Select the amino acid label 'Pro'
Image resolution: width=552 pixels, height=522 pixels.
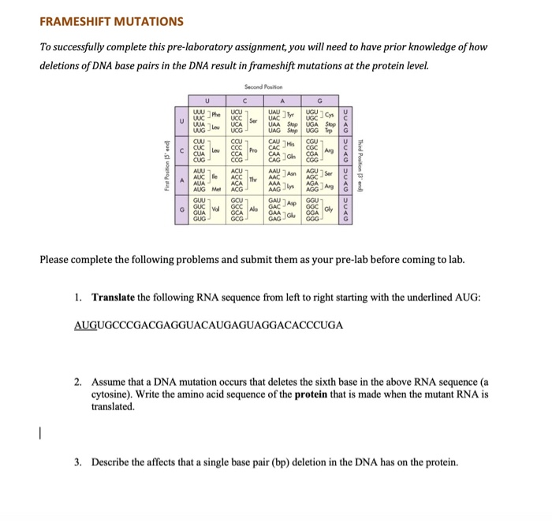(x=253, y=150)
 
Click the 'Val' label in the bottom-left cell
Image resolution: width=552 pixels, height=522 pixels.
(x=215, y=209)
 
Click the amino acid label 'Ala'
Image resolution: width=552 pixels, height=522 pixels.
(x=253, y=209)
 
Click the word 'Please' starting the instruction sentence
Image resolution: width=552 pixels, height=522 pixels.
(x=57, y=260)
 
